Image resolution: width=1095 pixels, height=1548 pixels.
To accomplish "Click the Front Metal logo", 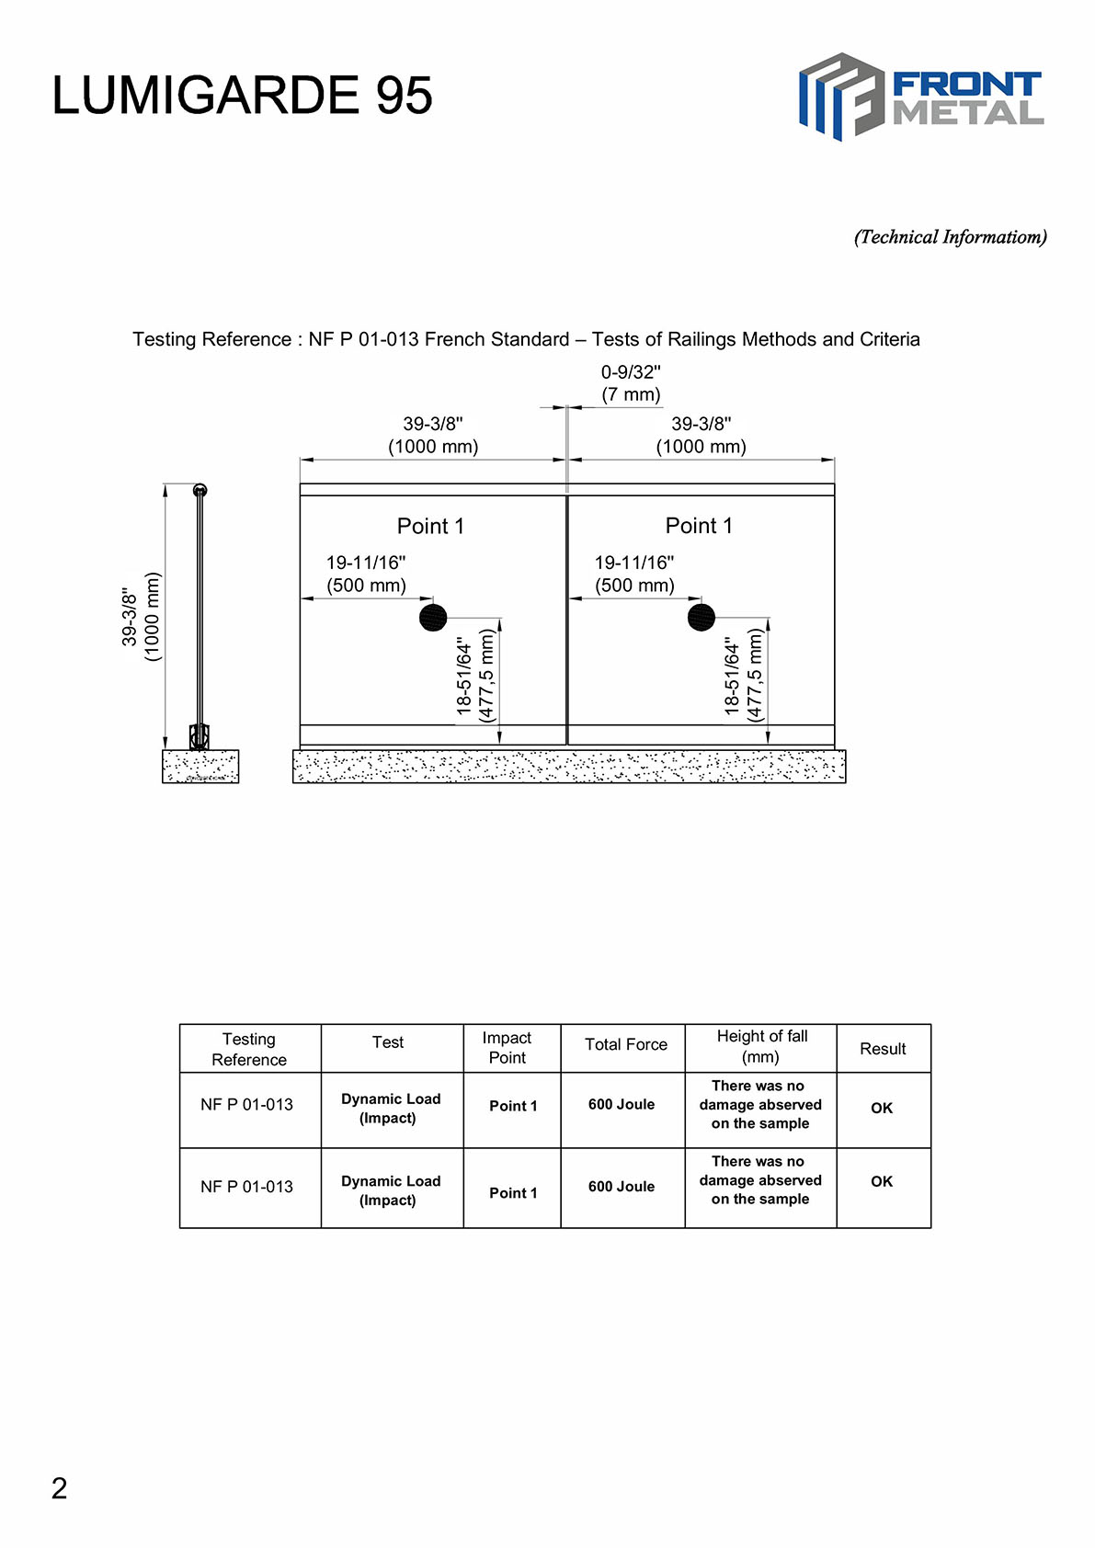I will (920, 97).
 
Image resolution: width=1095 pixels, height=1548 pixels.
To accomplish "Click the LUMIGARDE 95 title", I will (242, 96).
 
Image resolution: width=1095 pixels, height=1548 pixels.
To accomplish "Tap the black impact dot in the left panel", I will (433, 618).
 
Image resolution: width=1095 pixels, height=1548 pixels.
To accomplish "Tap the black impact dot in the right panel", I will (701, 618).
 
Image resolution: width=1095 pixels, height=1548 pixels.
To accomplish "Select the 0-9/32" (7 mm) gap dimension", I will (631, 383).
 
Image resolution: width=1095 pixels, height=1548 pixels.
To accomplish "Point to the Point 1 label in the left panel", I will (430, 527).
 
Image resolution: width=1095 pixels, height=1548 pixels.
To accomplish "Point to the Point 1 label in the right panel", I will (699, 526).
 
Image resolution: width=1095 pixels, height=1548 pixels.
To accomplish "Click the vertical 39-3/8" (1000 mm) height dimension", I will (141, 616).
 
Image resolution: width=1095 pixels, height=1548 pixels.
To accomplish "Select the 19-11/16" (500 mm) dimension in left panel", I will (366, 575).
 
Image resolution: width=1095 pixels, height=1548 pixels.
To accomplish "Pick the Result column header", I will (883, 1049).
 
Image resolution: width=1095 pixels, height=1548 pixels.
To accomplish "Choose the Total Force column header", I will (626, 1044).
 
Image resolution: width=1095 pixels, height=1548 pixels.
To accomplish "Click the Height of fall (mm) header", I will (761, 1046).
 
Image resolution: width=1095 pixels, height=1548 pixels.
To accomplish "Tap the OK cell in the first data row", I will (882, 1109).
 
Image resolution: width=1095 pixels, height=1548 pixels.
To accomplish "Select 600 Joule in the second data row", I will (622, 1187).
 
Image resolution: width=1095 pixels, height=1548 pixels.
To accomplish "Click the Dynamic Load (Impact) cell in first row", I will (391, 1109).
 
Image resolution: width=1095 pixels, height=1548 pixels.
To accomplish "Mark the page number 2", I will (60, 1488).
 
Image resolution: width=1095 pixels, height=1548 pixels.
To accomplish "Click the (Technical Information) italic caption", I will (950, 237).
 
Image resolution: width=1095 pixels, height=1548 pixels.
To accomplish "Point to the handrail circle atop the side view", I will (200, 490).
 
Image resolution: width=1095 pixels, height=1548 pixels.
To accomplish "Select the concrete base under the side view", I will (200, 767).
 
